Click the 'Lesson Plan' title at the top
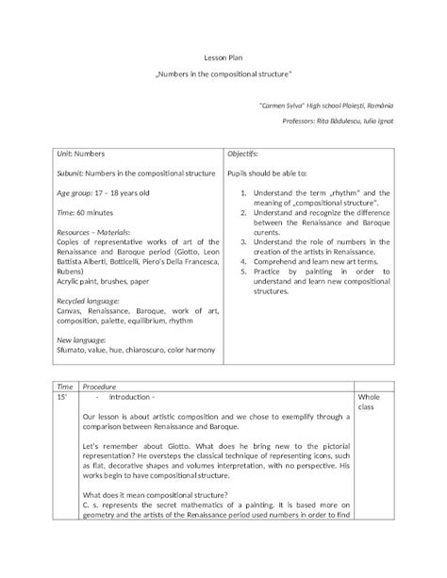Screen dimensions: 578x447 coord(223,58)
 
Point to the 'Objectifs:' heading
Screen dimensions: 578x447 coord(243,153)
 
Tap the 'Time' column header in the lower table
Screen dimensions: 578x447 coord(65,387)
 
